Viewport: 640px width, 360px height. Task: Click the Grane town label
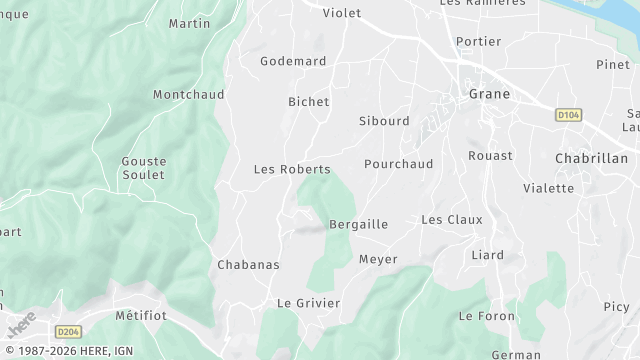[489, 94]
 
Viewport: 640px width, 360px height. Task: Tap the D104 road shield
[568, 115]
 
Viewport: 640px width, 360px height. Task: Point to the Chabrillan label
[591, 158]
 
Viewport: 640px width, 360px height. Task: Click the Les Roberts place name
[292, 169]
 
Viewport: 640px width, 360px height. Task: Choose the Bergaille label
[358, 224]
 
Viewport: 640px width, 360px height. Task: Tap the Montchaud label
[189, 94]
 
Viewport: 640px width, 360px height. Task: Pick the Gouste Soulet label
[143, 168]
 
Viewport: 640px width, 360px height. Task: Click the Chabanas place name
[248, 265]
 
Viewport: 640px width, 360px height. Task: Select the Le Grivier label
[308, 303]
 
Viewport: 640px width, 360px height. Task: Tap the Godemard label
[293, 61]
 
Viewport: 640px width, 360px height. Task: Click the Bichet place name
[308, 102]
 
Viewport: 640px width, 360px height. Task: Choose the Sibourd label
[384, 121]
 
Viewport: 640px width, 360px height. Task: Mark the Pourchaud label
[399, 163]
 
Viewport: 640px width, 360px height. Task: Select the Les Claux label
[451, 219]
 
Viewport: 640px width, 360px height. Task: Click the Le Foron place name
[486, 316]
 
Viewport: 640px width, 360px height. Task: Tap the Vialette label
[548, 188]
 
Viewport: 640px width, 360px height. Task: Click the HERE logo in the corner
[21, 325]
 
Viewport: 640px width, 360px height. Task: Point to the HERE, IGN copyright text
[67, 351]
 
